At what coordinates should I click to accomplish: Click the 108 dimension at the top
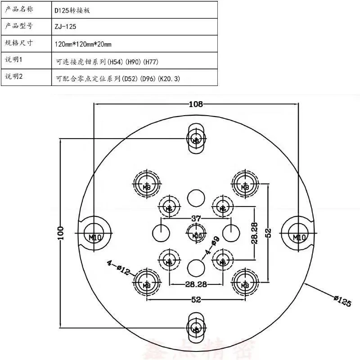tap(196, 104)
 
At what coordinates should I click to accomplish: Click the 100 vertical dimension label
tap(61, 233)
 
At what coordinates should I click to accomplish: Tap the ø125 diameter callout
tap(342, 300)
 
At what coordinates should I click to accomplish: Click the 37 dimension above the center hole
tap(196, 219)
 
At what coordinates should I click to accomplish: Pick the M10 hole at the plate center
tap(196, 234)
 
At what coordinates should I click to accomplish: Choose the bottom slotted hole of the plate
tap(196, 328)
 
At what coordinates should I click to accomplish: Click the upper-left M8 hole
tap(147, 184)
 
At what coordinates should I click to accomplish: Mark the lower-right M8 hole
tap(245, 283)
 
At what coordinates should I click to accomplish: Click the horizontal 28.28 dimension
tap(196, 284)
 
